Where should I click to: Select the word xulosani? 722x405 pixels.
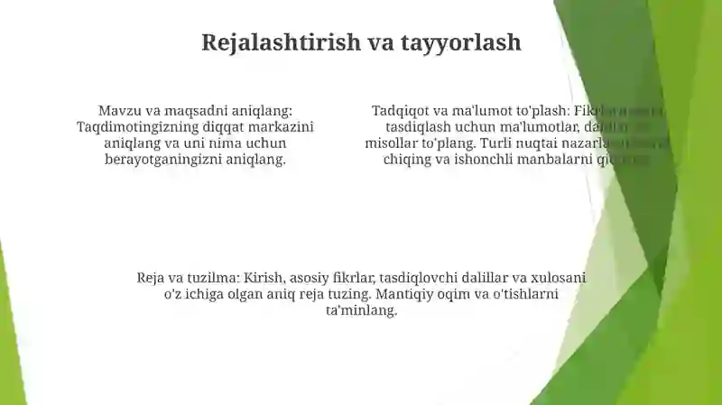point(557,278)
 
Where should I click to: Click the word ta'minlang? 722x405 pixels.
point(361,310)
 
